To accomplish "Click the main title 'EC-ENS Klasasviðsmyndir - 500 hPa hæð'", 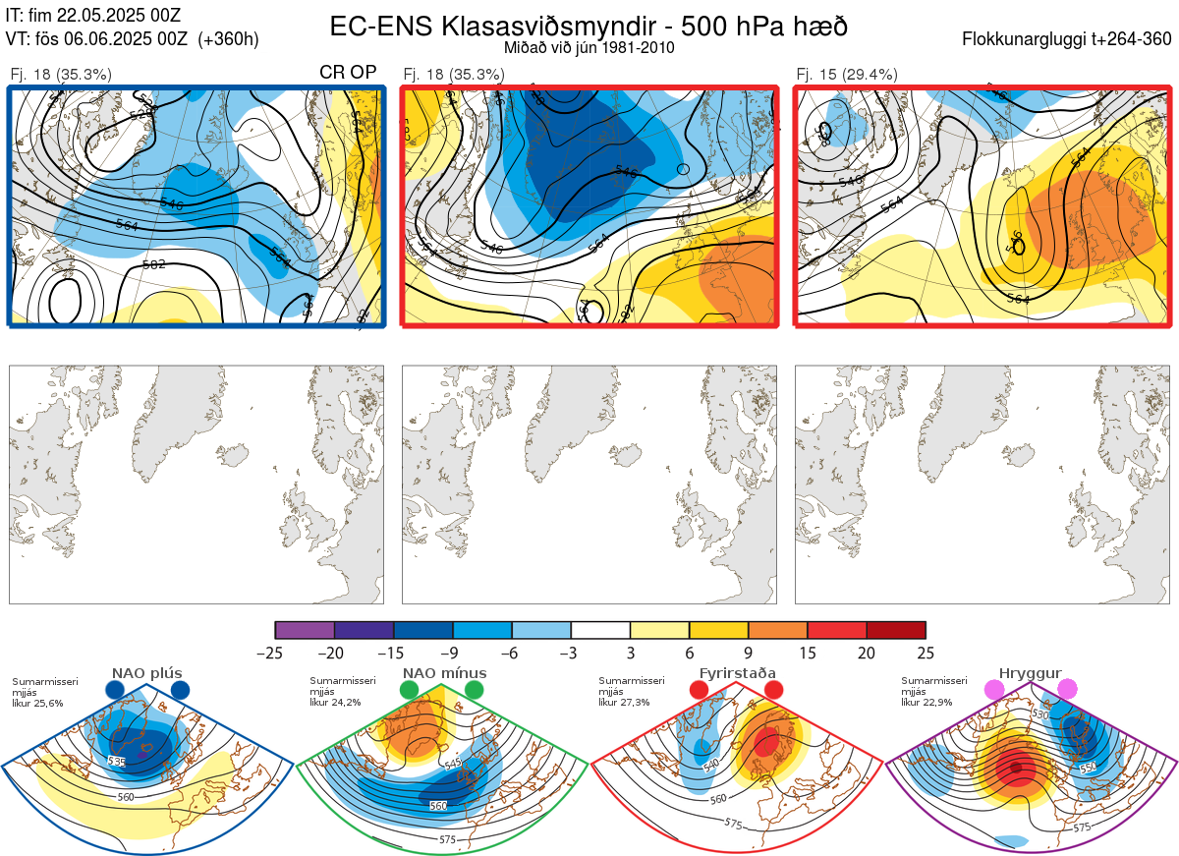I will click(589, 27).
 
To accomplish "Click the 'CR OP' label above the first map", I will click(349, 73).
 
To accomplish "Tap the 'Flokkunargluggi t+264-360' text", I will click(1070, 39).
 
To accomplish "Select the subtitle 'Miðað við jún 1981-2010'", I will click(589, 47).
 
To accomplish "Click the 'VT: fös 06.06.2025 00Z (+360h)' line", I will click(132, 39).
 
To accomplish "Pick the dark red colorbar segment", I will click(896, 630).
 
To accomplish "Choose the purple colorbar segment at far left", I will click(305, 630).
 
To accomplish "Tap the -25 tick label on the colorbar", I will click(275, 653).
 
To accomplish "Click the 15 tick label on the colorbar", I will click(808, 653).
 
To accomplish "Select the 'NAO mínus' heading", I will click(444, 673).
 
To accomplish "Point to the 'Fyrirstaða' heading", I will click(737, 673).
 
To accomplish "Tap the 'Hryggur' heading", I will click(1031, 673).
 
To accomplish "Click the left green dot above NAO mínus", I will click(409, 691).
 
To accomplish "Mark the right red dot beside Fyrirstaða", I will click(773, 691).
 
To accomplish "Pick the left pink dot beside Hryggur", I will click(995, 691).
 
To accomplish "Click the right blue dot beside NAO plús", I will click(180, 691).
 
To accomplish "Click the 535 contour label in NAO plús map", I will click(117, 762).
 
